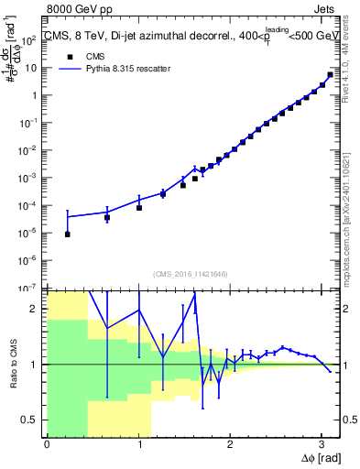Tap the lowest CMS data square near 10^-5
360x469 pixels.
68,234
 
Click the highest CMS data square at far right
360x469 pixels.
330,75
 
